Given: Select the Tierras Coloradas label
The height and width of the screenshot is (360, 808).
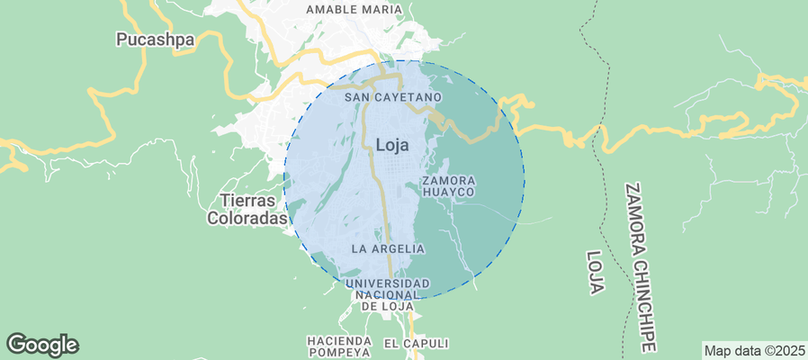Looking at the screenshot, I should (x=247, y=209).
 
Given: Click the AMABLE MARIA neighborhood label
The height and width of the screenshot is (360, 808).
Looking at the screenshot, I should (x=354, y=10).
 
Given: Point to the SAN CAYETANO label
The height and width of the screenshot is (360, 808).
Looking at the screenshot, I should (x=393, y=96).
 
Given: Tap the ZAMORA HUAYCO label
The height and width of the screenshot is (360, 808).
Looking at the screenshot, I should (x=448, y=186).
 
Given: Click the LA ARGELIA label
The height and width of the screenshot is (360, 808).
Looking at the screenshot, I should (x=388, y=247).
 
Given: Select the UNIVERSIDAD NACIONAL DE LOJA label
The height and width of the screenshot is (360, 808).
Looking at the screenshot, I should (x=389, y=294).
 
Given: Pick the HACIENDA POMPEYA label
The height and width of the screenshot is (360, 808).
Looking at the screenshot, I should (x=339, y=347).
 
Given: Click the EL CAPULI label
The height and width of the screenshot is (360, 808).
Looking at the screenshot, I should (x=416, y=343).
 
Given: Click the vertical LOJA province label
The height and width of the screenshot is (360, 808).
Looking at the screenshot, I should (x=595, y=273).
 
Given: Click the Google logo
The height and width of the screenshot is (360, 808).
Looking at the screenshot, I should (x=42, y=344).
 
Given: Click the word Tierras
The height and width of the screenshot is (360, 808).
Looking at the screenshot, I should (x=247, y=201).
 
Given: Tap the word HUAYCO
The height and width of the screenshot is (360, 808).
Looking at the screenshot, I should (x=448, y=193).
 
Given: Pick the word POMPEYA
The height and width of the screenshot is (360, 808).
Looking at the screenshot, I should (x=339, y=354).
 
